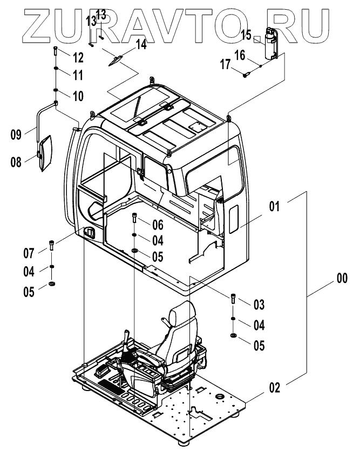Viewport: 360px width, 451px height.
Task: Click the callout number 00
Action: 342,279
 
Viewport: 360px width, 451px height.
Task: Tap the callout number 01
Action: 275,206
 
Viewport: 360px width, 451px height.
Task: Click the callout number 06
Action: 157,224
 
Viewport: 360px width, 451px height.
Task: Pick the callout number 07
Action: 29,252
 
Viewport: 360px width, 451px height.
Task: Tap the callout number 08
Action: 16,161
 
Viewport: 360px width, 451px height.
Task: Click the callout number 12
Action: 78,57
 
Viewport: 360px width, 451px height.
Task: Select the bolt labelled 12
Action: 56,53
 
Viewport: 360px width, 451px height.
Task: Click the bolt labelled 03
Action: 233,298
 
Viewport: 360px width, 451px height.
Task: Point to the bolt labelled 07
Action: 52,245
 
